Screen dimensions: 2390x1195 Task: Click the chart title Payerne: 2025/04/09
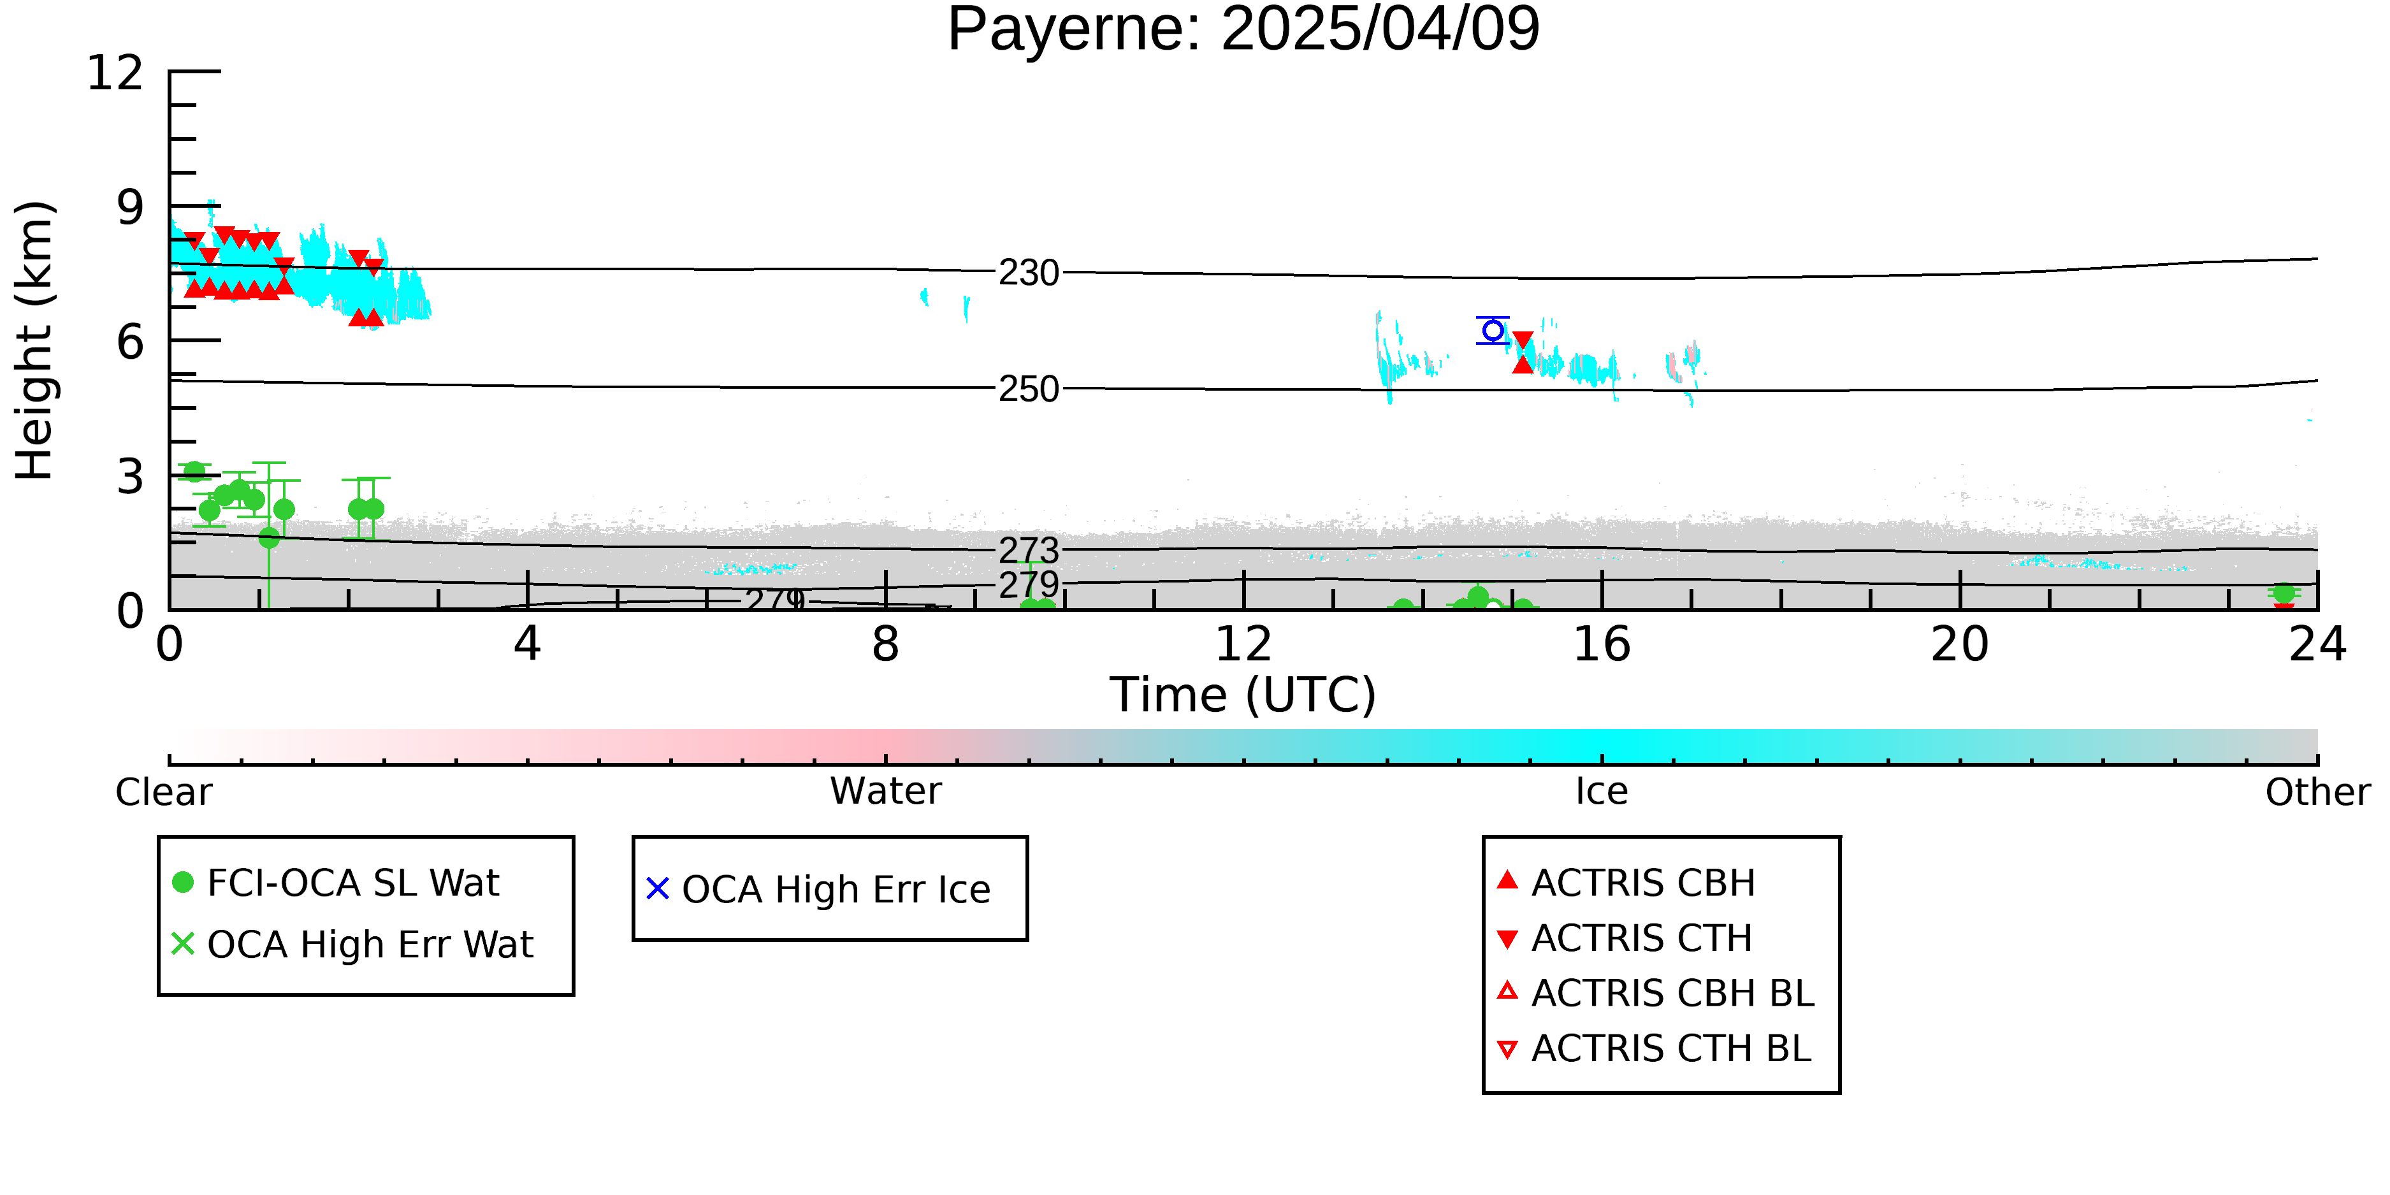[1243, 30]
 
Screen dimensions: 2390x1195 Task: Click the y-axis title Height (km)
[35, 340]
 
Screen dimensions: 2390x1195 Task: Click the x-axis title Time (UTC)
[1243, 695]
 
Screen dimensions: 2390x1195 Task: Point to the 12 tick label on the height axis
[115, 73]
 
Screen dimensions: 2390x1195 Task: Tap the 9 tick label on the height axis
[131, 207]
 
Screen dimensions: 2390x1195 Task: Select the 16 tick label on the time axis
[1602, 644]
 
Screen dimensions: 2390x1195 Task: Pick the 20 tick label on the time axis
[1960, 644]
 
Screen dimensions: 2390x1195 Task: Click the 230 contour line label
[1029, 273]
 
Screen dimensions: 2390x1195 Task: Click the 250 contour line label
[1029, 389]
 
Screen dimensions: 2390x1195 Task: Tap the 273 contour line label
[1029, 550]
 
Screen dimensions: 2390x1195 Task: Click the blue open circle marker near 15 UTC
[1493, 330]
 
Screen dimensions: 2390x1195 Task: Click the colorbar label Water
[886, 792]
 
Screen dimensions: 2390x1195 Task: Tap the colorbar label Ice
[1602, 792]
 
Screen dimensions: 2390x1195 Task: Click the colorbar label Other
[2317, 792]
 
